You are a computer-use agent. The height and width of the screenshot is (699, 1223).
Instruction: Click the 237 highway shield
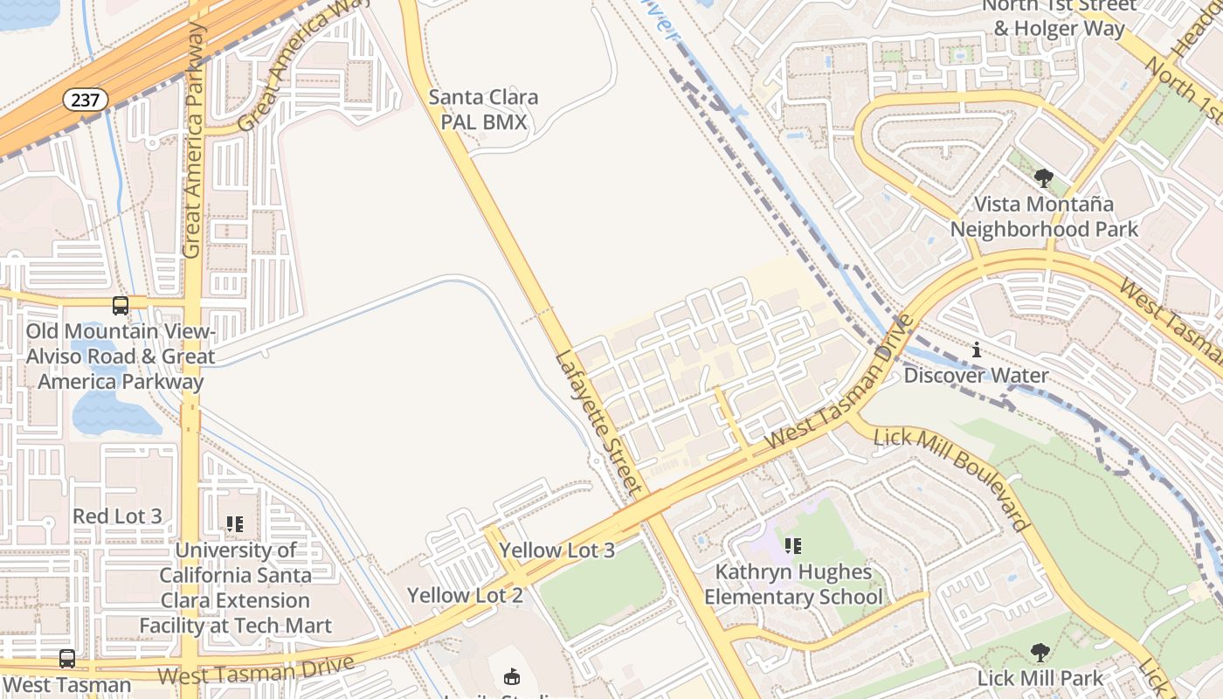point(85,100)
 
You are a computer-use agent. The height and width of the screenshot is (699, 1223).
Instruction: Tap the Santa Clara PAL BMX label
point(483,109)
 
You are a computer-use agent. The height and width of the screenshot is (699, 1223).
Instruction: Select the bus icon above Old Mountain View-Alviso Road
point(121,306)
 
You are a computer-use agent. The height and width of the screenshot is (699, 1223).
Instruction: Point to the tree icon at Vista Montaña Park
point(1043,179)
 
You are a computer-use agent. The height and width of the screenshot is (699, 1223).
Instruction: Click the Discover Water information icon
point(976,350)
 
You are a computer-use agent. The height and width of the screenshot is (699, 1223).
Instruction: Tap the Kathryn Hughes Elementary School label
point(793,585)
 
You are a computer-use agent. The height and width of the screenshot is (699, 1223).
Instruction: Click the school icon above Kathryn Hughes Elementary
point(792,547)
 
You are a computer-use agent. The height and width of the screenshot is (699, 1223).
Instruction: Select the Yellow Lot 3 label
point(556,550)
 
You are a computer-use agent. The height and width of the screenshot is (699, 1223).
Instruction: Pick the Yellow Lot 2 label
point(465,596)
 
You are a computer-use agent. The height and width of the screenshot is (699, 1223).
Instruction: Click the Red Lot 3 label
point(117,516)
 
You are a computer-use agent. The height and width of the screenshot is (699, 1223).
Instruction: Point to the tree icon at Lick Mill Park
point(1040,653)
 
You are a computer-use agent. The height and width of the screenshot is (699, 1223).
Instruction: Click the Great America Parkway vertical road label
point(193,140)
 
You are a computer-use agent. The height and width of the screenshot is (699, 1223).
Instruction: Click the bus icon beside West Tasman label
point(67,659)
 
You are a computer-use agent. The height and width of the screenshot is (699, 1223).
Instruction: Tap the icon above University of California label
point(234,524)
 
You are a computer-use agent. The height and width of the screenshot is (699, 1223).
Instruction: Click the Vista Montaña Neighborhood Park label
point(1044,217)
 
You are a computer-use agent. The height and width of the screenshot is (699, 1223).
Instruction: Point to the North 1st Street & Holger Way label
point(1059,17)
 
